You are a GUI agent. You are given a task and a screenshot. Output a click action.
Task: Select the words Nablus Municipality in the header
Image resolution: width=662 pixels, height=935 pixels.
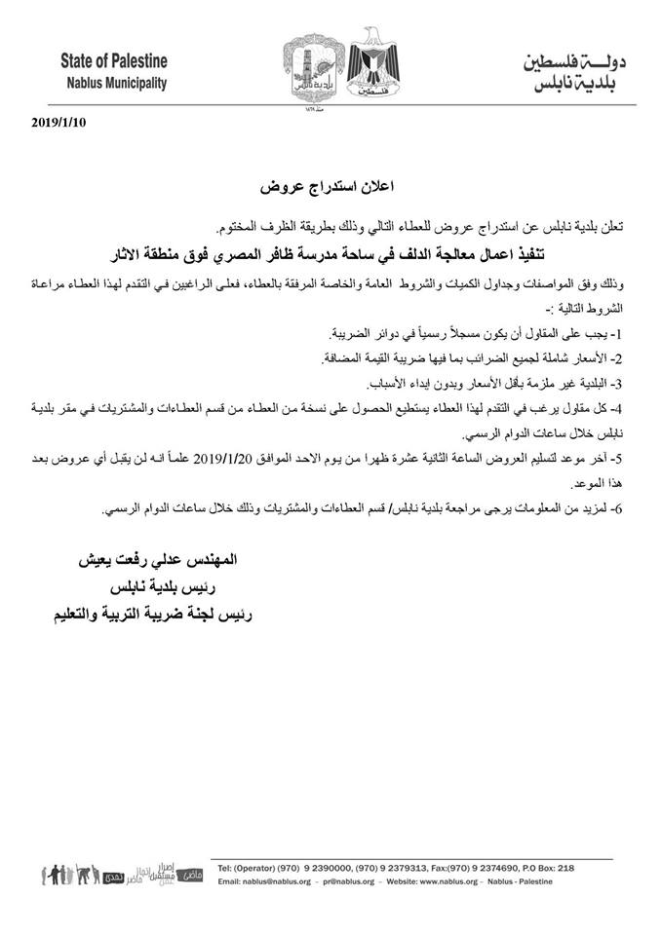[x=113, y=82]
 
